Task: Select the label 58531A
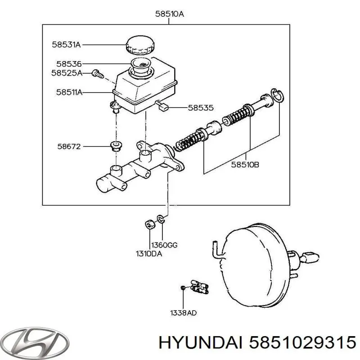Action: (x=66, y=45)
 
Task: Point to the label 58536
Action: (x=69, y=64)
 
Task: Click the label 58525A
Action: (x=66, y=72)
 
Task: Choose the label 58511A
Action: (x=66, y=92)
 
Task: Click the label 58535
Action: (x=201, y=108)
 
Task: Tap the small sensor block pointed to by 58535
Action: (x=163, y=107)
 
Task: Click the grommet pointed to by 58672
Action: (x=116, y=146)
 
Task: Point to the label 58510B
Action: (x=245, y=165)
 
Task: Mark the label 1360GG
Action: (x=164, y=245)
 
